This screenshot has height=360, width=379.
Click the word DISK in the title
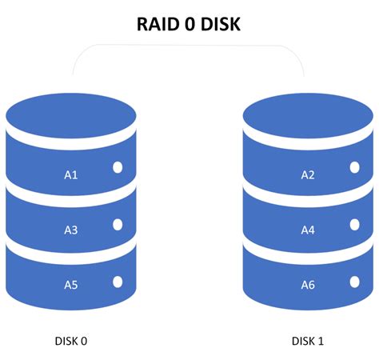217,26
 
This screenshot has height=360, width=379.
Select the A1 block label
71,174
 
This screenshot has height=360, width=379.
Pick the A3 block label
71,230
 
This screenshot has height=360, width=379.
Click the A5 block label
71,283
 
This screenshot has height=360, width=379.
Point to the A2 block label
308,174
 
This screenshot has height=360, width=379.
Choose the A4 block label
308,230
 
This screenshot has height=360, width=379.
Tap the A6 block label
308,284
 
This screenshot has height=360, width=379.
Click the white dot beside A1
118,169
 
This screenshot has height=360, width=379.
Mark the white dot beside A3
118,225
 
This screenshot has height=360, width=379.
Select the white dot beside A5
118,281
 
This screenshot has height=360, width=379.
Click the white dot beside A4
354,225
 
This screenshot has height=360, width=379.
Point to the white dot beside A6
354,281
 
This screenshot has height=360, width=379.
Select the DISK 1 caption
308,342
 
